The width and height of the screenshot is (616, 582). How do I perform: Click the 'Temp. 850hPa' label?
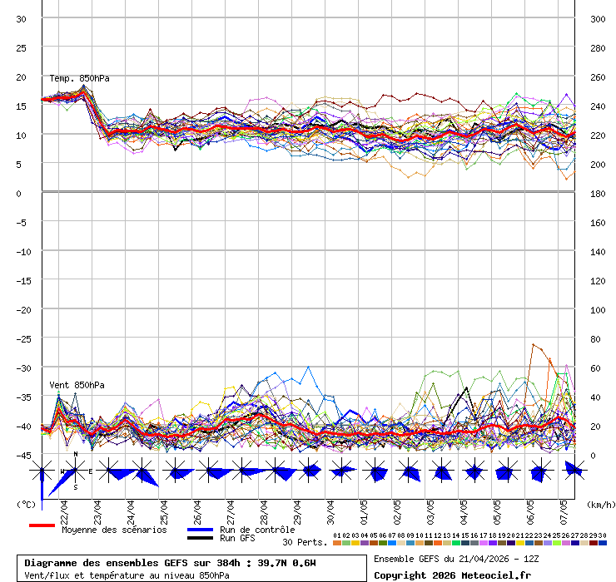click(x=79, y=78)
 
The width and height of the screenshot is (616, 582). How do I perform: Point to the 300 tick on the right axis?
click(x=598, y=18)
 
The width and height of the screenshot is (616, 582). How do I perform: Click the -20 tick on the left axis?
click(x=22, y=309)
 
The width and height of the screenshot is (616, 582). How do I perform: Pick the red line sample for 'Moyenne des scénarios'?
click(x=42, y=525)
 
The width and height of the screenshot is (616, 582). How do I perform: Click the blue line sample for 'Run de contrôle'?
click(x=200, y=530)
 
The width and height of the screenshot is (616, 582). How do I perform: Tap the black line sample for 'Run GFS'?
click(x=200, y=538)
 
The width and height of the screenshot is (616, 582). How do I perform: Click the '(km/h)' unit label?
click(x=599, y=504)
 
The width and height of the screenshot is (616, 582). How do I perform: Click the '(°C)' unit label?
click(x=25, y=504)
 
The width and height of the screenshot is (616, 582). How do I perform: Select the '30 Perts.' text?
click(x=305, y=542)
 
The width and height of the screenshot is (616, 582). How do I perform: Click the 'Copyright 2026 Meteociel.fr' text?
click(x=452, y=575)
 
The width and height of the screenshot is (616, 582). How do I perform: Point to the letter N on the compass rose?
click(x=76, y=455)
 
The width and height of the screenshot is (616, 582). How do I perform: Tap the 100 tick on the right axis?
click(x=598, y=309)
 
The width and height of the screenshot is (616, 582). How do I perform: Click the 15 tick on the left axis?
click(x=22, y=106)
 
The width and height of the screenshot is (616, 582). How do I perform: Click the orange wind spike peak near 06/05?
click(x=534, y=344)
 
